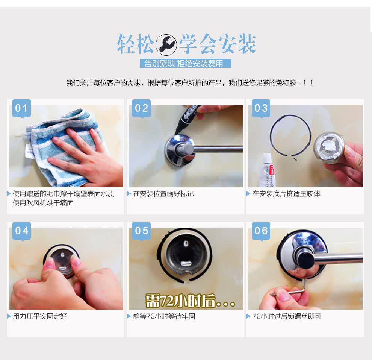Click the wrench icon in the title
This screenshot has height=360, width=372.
[166, 45]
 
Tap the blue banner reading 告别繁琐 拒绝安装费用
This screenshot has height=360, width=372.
[186, 63]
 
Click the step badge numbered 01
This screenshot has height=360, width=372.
[21, 108]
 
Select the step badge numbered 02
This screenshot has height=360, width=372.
[141, 108]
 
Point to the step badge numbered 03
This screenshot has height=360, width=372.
[261, 108]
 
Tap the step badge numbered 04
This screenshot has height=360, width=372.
[21, 231]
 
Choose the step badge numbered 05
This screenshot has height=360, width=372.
[141, 231]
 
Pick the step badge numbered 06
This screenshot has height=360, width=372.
[261, 231]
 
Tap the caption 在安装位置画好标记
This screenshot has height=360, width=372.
[163, 194]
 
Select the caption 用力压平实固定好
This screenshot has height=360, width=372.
[40, 316]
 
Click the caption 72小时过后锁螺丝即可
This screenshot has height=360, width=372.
[287, 316]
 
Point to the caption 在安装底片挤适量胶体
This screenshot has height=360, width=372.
[286, 194]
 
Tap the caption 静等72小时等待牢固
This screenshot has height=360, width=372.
[164, 316]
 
